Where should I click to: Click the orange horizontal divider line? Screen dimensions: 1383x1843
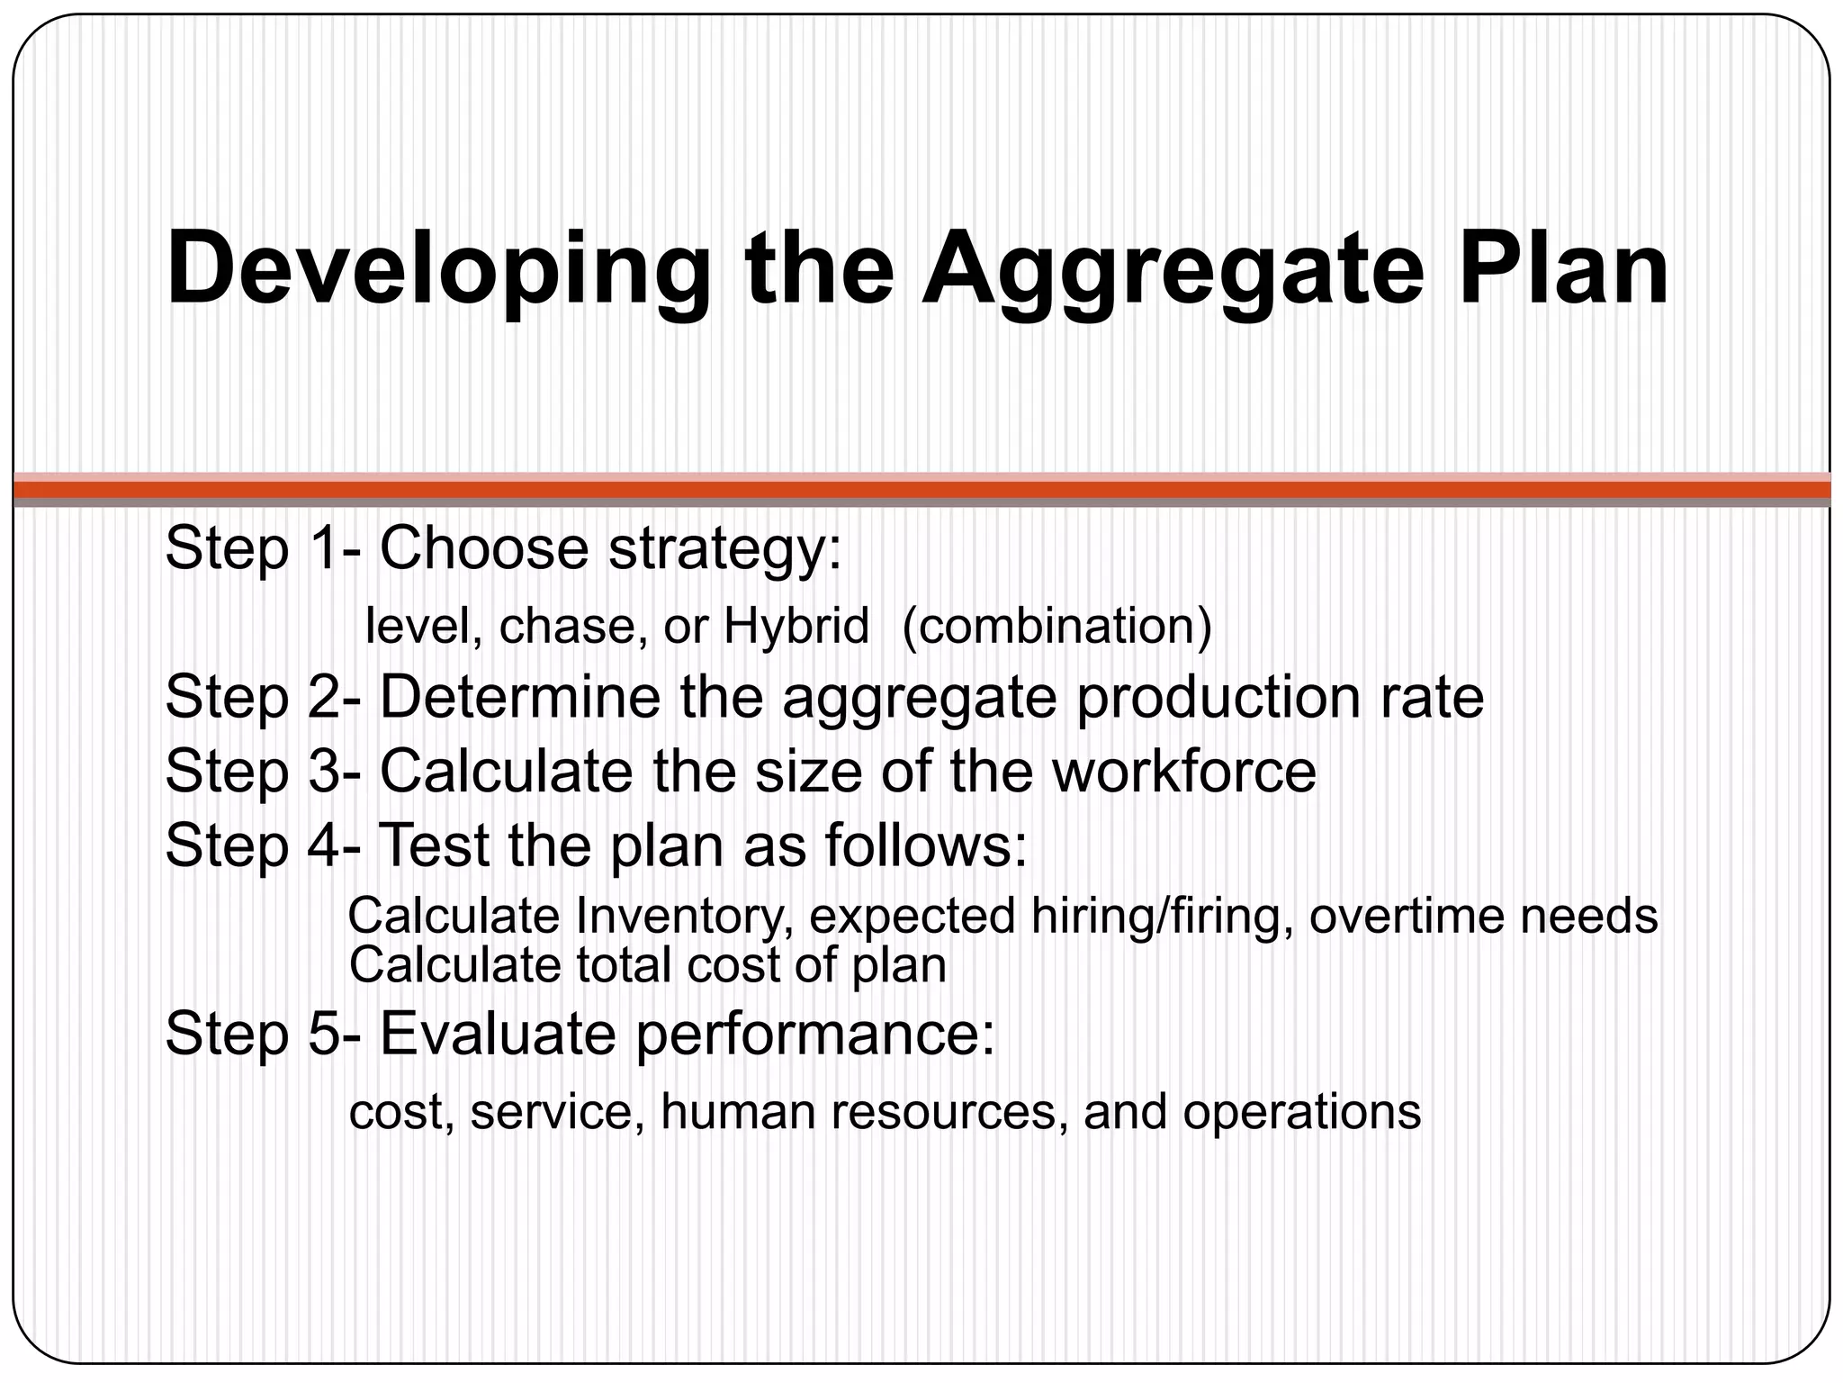point(921,490)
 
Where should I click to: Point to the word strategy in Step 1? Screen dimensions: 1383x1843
point(724,549)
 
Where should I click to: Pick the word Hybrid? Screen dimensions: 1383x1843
point(796,627)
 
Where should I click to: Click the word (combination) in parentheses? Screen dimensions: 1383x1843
point(1056,627)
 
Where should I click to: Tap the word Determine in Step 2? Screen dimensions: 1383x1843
point(519,697)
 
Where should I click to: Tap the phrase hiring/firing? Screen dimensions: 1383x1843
point(1162,917)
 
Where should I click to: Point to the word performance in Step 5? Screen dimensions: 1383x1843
point(815,1035)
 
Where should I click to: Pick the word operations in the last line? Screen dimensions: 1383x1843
point(1301,1113)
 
